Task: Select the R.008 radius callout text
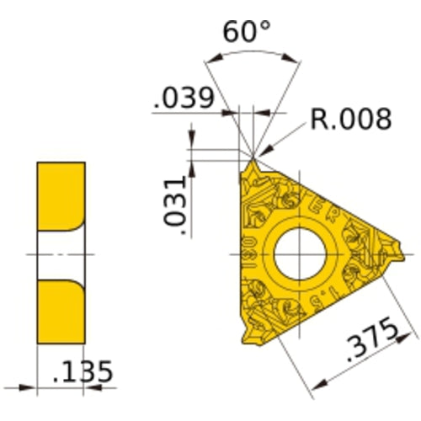pyautogui.click(x=349, y=119)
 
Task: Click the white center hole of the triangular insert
pyautogui.click(x=296, y=253)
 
